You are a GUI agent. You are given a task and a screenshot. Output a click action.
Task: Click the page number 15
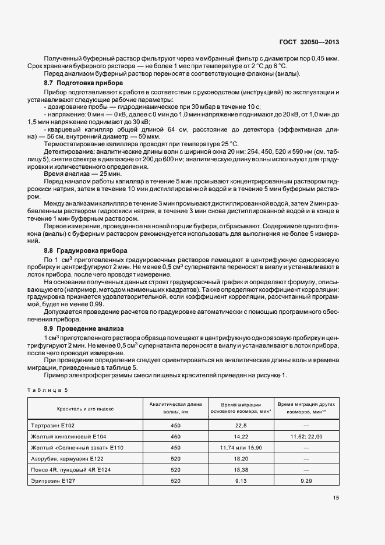click(336, 498)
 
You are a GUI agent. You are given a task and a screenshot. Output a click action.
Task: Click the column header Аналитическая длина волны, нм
click(176, 408)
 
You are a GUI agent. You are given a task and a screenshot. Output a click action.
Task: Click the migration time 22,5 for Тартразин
click(241, 426)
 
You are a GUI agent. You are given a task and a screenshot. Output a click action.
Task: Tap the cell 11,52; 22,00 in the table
click(306, 436)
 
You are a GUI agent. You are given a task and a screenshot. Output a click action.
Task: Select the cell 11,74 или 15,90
click(241, 447)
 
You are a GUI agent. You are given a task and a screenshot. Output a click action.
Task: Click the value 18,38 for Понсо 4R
click(241, 469)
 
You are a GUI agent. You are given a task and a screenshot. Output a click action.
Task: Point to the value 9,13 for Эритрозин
click(241, 480)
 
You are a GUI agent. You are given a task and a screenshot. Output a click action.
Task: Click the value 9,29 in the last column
click(306, 480)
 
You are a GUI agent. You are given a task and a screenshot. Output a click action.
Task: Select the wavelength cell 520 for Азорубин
click(176, 458)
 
